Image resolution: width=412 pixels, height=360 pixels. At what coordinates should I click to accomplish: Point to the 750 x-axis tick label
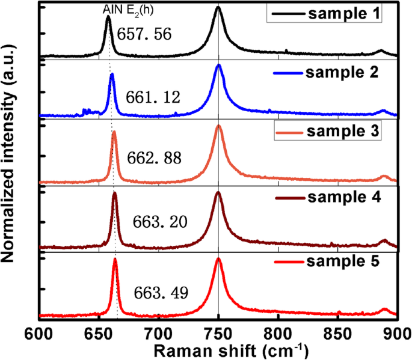click(x=218, y=333)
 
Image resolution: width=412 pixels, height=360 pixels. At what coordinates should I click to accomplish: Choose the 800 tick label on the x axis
click(x=277, y=333)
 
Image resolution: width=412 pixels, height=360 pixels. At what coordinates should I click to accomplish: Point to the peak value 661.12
click(x=153, y=97)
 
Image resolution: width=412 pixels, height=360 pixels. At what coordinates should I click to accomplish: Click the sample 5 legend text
click(x=344, y=261)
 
